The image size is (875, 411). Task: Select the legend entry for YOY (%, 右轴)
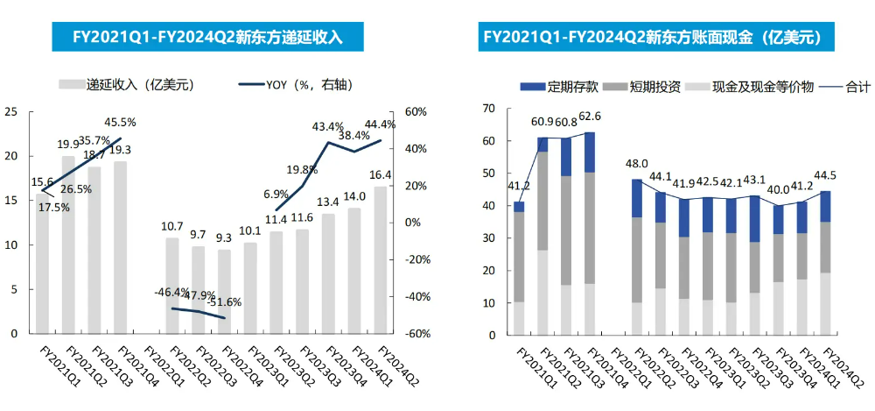(x=297, y=84)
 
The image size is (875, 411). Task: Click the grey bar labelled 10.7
(x=171, y=286)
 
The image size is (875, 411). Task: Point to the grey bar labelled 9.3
(x=224, y=292)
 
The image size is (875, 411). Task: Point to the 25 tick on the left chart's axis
(x=10, y=111)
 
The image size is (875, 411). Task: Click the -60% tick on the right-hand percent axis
(x=414, y=334)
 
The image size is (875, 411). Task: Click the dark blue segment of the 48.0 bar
(x=636, y=198)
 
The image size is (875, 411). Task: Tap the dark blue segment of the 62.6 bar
(x=589, y=152)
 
